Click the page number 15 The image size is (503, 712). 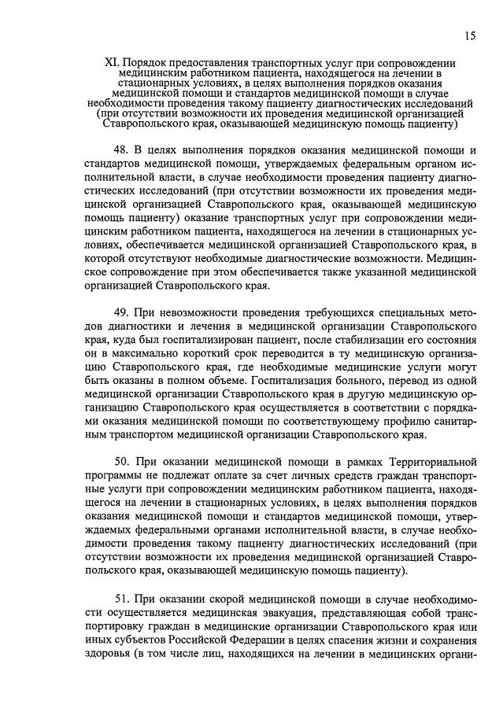click(469, 35)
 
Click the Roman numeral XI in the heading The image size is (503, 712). click(111, 63)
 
